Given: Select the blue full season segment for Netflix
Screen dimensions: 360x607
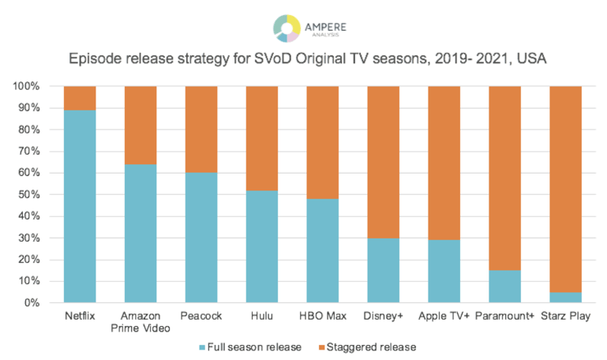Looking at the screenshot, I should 80,206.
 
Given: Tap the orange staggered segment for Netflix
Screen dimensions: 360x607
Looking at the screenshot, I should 80,98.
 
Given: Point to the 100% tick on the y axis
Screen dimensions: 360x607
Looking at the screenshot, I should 31,86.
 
